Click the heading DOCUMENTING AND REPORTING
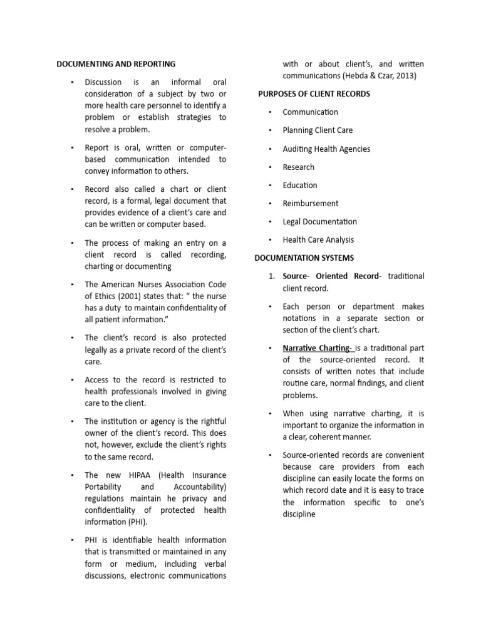(x=116, y=64)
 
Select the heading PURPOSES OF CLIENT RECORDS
(x=314, y=94)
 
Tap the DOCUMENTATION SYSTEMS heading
(x=304, y=258)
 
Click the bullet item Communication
(x=310, y=112)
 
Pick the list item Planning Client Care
(x=318, y=130)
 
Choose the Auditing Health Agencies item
(x=326, y=149)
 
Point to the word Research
(x=299, y=167)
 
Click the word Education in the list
(x=300, y=185)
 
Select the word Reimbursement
(x=311, y=203)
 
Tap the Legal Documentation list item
(x=319, y=221)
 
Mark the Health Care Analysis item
(x=318, y=239)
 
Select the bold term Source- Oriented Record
(x=331, y=276)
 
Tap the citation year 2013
(x=405, y=76)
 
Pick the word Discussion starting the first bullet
(x=103, y=82)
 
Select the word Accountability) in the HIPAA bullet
(x=195, y=487)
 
